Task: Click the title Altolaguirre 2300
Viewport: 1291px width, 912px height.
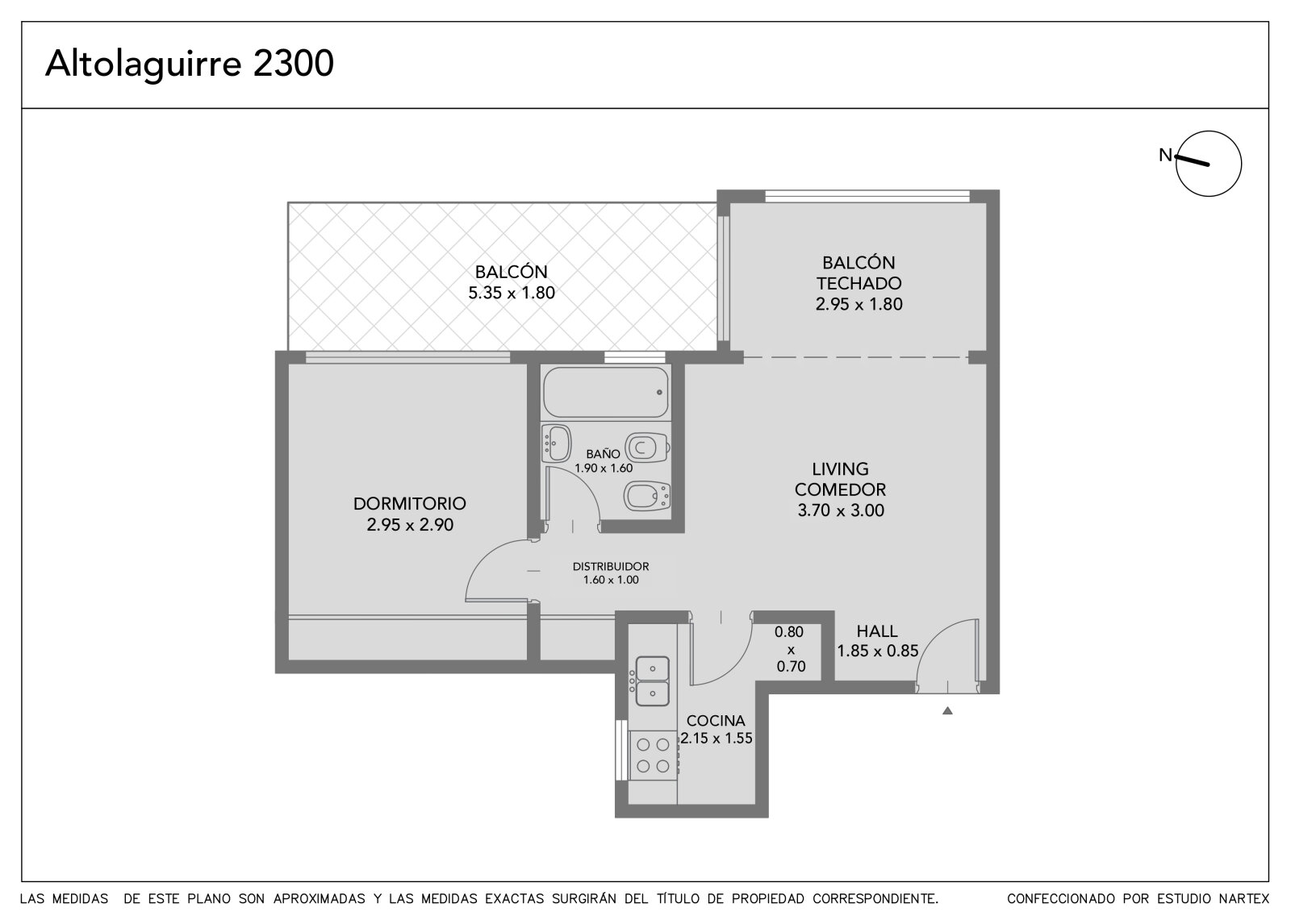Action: click(x=189, y=64)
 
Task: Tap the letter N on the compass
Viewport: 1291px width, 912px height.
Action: click(x=1165, y=155)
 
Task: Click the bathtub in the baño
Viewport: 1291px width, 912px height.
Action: click(x=606, y=392)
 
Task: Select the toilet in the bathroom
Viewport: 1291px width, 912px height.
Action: click(x=646, y=447)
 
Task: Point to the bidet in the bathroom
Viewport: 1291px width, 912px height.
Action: click(x=647, y=495)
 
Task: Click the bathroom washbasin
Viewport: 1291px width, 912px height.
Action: click(x=556, y=444)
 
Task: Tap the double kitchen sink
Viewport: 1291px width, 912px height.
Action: click(x=652, y=681)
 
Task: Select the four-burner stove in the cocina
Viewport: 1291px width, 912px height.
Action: click(x=653, y=756)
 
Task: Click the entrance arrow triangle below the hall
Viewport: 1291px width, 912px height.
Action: click(x=947, y=711)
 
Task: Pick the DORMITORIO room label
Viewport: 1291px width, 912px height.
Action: click(x=409, y=503)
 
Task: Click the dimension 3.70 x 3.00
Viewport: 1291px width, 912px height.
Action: click(x=840, y=510)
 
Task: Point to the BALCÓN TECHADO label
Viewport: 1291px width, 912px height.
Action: click(x=859, y=273)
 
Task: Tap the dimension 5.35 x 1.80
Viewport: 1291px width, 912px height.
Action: click(x=512, y=293)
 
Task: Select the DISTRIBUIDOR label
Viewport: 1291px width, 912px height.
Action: click(x=610, y=566)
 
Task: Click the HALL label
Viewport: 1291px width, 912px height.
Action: click(x=876, y=631)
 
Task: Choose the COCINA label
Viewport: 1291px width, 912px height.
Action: click(x=716, y=721)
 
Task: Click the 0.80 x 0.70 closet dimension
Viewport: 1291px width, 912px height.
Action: click(x=790, y=649)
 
